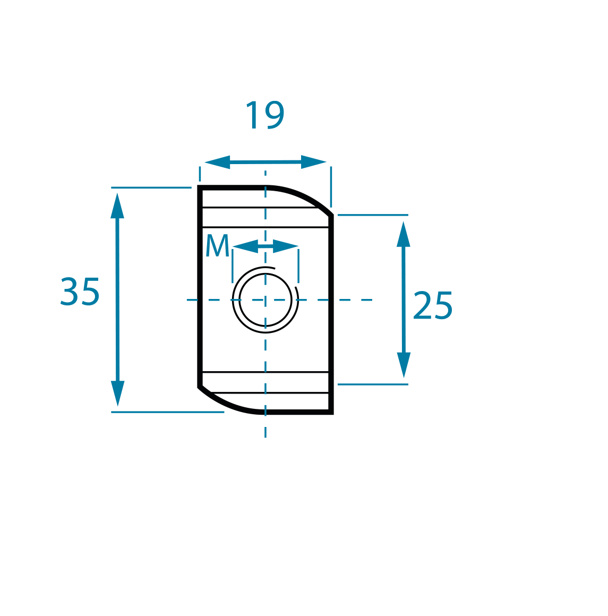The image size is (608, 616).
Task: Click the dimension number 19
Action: (265, 115)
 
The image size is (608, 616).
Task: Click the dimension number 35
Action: (80, 292)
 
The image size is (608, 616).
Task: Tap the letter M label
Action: (217, 245)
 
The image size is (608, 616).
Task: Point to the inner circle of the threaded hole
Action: (266, 274)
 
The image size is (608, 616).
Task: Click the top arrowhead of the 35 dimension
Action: (117, 205)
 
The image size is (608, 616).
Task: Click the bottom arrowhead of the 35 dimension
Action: (117, 393)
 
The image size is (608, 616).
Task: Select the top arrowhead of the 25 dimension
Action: (404, 234)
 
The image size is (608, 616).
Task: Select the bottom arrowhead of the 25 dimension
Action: (404, 365)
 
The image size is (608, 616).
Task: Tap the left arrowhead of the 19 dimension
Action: (217, 162)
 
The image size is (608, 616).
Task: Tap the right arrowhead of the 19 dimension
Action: (313, 162)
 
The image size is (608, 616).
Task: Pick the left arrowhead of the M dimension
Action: (245, 246)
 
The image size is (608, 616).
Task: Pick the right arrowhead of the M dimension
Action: (286, 246)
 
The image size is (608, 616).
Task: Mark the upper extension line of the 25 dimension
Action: (373, 215)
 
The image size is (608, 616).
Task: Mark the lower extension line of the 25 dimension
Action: (373, 384)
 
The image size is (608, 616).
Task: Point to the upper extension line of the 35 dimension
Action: (151, 188)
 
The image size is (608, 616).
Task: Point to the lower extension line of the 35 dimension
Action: (168, 412)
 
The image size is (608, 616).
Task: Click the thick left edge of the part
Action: (200, 287)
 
